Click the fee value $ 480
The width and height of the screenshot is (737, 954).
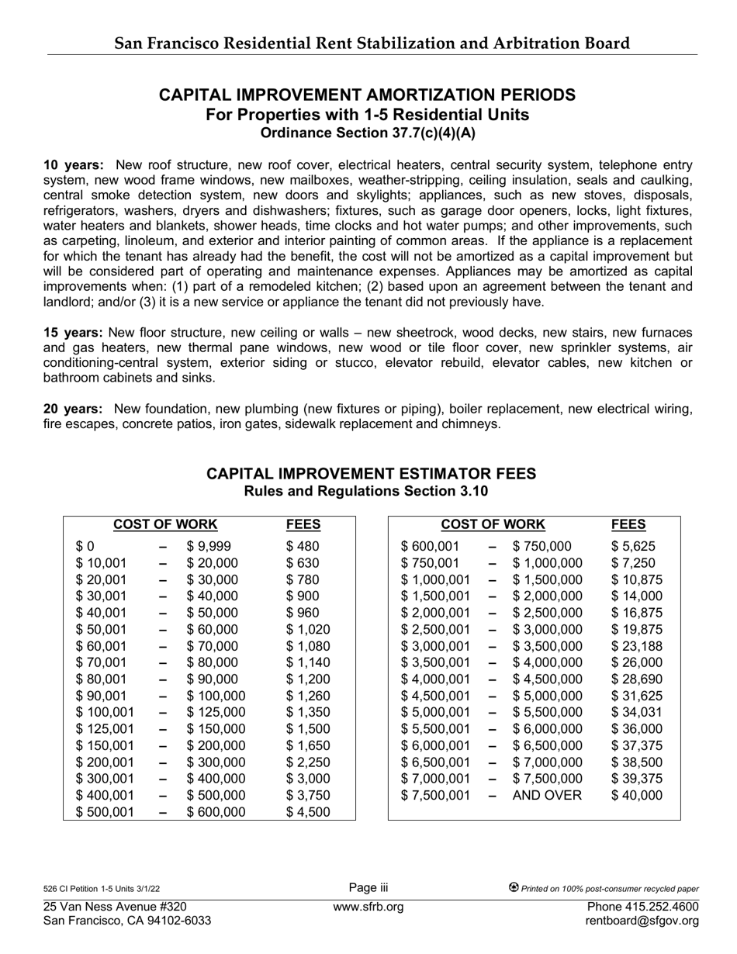click(303, 547)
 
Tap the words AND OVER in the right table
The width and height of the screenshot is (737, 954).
click(547, 795)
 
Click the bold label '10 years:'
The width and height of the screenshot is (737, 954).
click(74, 165)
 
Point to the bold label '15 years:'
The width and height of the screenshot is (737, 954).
click(74, 332)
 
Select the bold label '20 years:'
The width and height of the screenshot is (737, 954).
click(74, 409)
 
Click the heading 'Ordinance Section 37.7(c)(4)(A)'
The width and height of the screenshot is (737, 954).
click(368, 133)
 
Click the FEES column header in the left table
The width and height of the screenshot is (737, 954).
click(303, 524)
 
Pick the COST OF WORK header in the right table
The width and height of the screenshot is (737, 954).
click(493, 524)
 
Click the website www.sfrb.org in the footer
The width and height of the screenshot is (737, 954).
click(368, 907)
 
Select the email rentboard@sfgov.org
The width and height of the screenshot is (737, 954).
click(642, 921)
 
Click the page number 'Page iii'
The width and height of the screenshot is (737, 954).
click(368, 888)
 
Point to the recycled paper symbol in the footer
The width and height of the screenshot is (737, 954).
click(514, 888)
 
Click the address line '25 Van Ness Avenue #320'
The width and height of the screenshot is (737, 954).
click(115, 907)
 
